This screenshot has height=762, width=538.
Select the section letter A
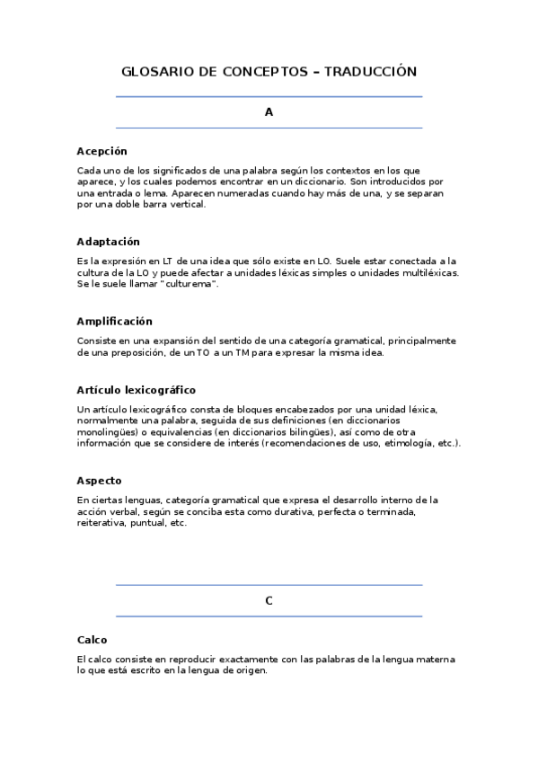coord(269,112)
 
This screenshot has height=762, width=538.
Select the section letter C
coord(269,601)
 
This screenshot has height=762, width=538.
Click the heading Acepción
coord(102,151)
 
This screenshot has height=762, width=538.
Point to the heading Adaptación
coord(109,242)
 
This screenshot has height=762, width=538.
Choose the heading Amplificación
coord(115,321)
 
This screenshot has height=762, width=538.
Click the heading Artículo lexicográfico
coord(137,390)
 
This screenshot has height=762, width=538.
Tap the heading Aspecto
coord(99,480)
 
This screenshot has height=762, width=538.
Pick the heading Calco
coord(93,640)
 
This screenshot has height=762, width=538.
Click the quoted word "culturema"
coord(189,284)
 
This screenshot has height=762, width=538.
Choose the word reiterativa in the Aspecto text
coord(103,522)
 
